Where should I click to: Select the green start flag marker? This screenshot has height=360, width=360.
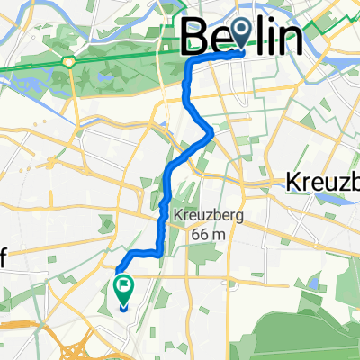click(122, 288)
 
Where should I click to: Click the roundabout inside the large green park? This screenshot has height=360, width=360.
click(68, 62)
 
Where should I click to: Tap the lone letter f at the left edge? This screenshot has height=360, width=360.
click(4, 256)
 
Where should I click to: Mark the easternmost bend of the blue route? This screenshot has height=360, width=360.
click(211, 134)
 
